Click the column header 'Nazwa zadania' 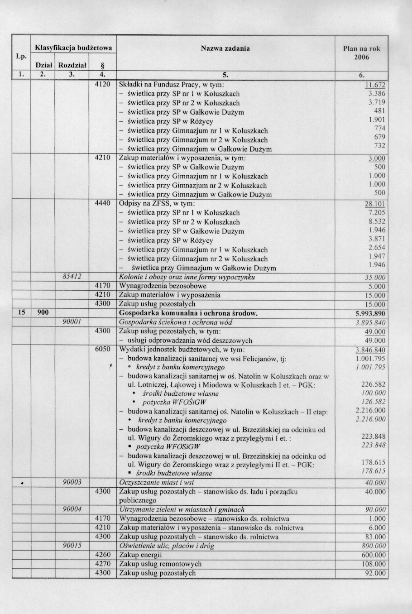coord(225,48)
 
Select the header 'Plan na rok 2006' coord(362,53)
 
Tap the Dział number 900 coord(43,313)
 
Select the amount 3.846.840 coord(371,350)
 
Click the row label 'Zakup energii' coord(140,555)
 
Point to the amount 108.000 coord(375,564)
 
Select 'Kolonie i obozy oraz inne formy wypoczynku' coord(187,277)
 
